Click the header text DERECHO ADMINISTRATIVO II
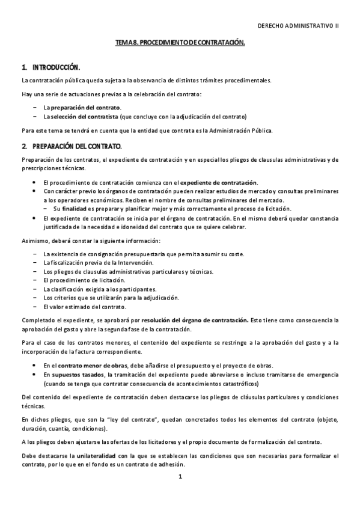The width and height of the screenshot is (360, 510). click(298, 27)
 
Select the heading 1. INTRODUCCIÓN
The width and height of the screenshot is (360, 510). click(50, 67)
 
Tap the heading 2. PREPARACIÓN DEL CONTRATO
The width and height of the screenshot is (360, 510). click(72, 146)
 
